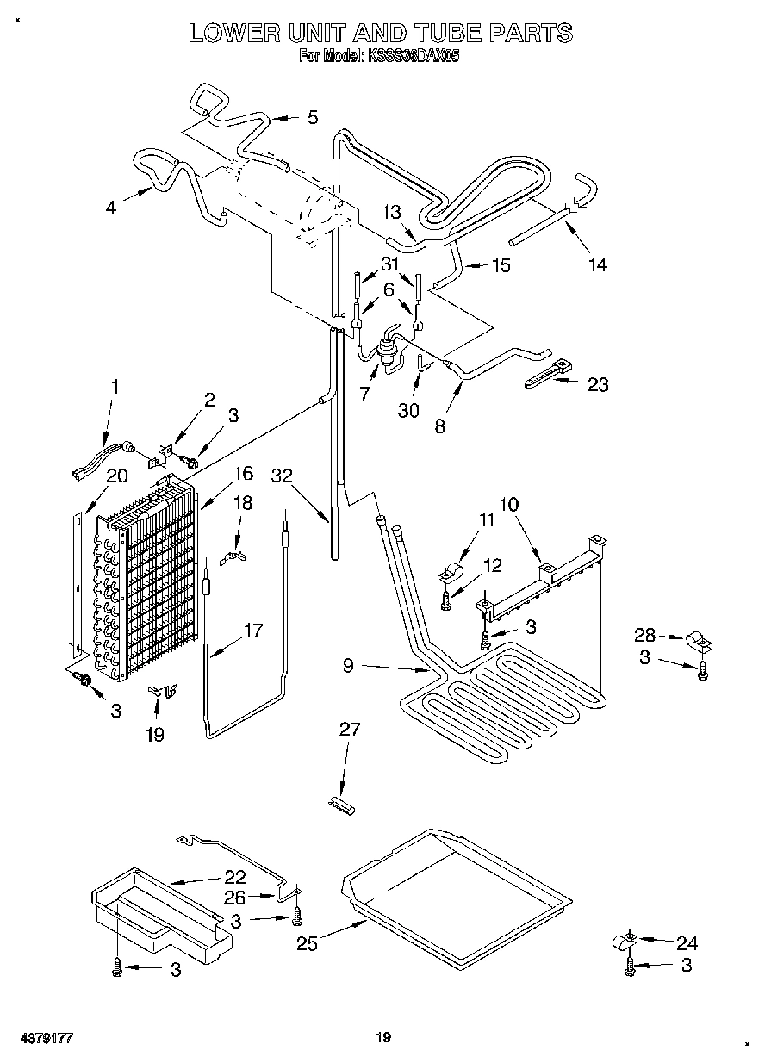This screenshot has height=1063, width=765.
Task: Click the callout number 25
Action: (306, 944)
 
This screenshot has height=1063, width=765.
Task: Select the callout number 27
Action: (350, 730)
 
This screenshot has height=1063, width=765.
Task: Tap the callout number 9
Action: (348, 665)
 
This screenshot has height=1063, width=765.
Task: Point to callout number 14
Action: (596, 264)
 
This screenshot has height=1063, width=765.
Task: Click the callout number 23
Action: (598, 384)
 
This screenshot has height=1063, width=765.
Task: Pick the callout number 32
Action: (282, 475)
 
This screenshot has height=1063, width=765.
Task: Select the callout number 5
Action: (312, 117)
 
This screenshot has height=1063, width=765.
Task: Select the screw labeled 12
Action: (445, 601)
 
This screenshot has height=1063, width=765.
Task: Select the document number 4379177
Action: (41, 1038)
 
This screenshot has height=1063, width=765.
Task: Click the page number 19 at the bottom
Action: (383, 1038)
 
